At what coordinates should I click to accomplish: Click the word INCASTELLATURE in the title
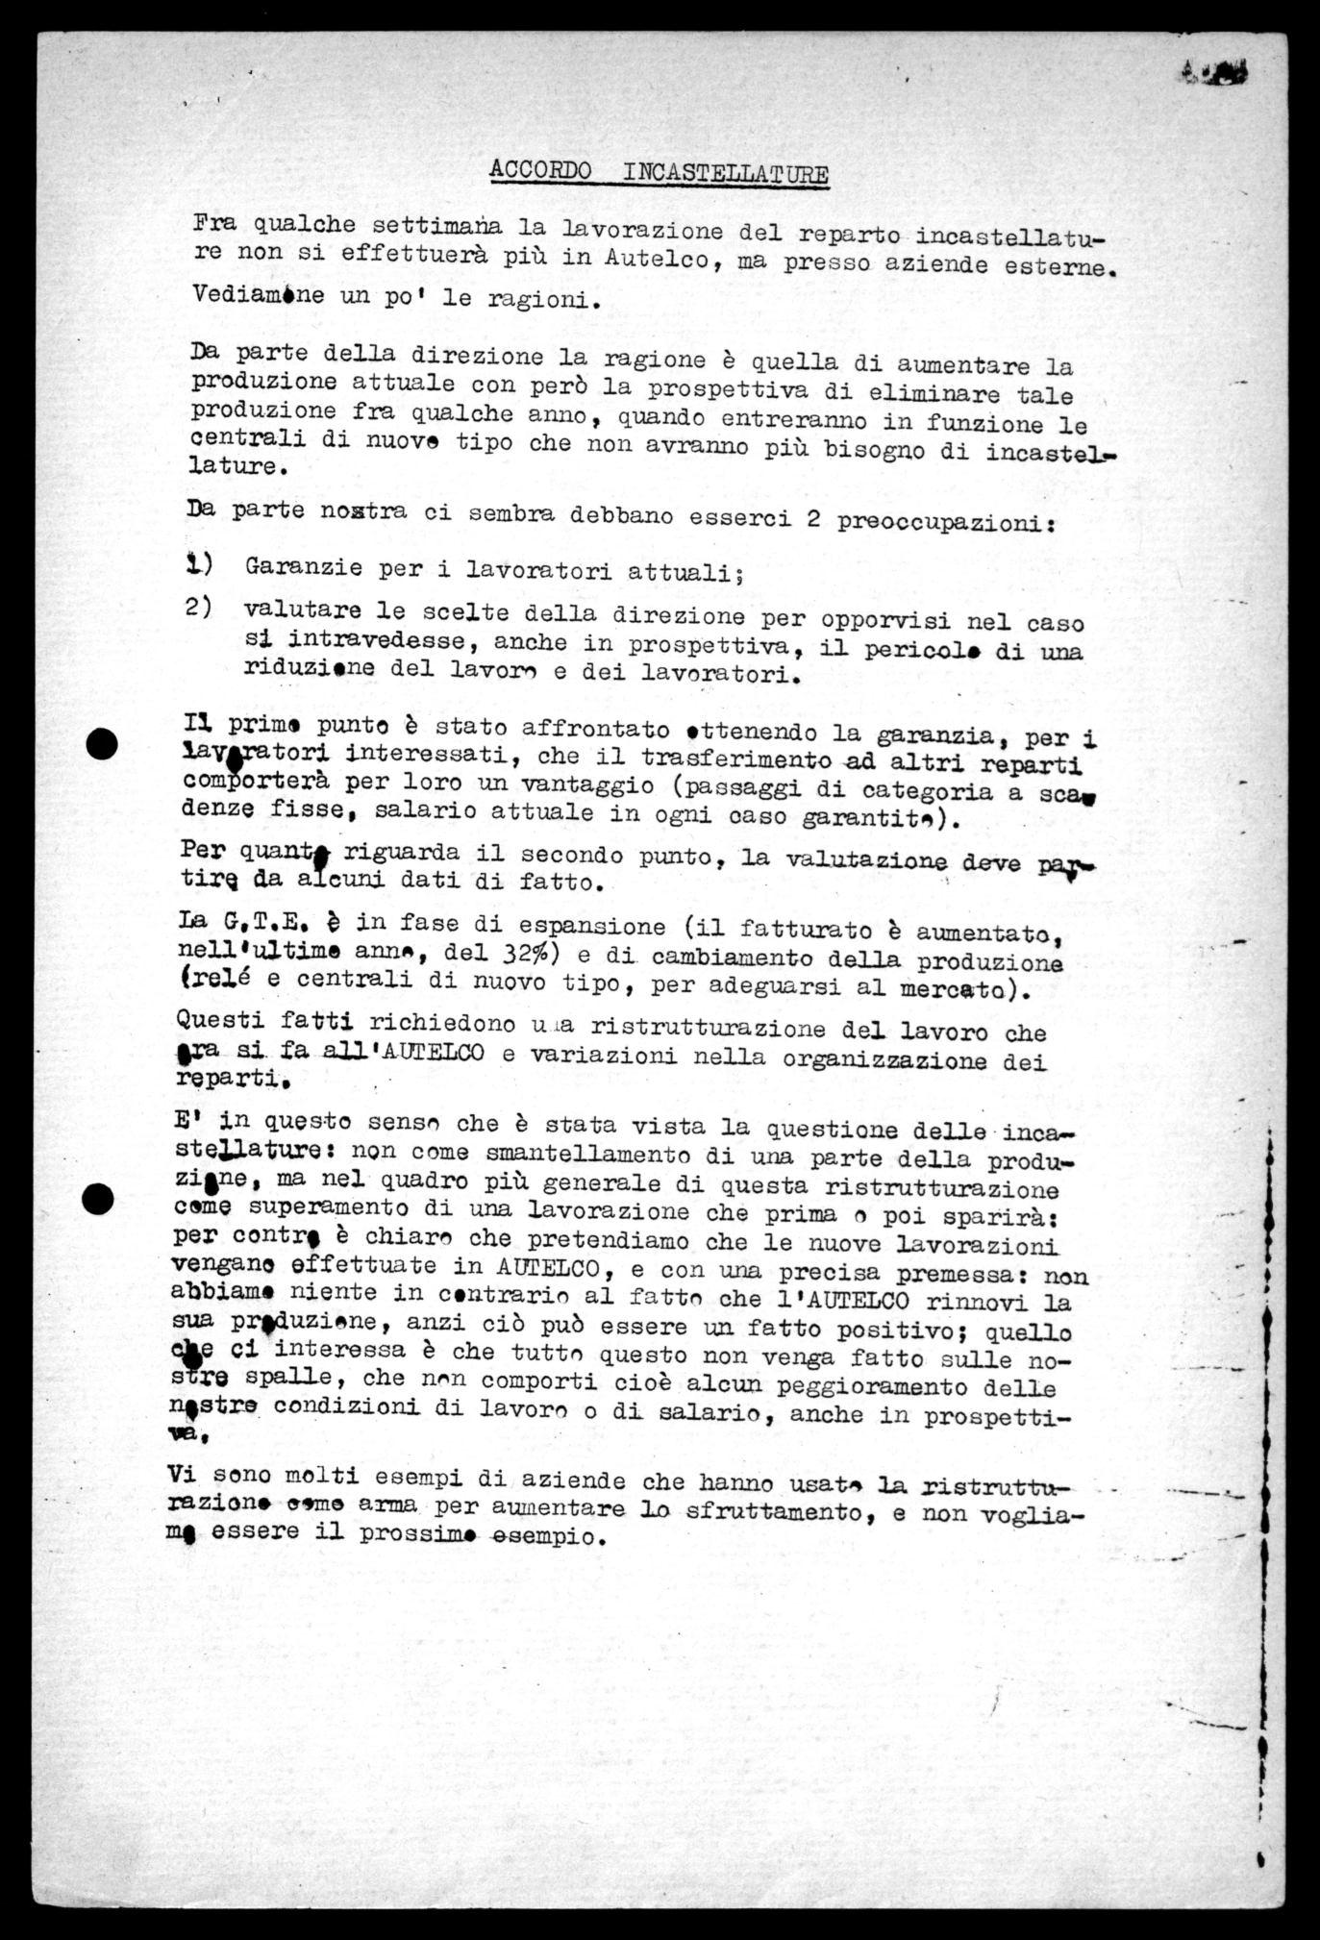pos(726,174)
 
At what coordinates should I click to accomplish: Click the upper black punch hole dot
pos(101,743)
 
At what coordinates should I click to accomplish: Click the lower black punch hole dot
pos(98,1198)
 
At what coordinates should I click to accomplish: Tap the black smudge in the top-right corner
pos(1214,70)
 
